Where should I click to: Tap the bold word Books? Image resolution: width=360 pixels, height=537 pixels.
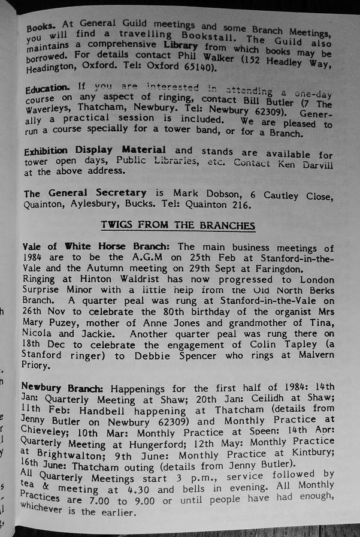[41, 27]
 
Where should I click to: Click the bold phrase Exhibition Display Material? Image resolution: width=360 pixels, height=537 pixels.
[95, 150]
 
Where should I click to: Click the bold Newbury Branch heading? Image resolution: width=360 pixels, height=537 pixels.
[60, 388]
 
